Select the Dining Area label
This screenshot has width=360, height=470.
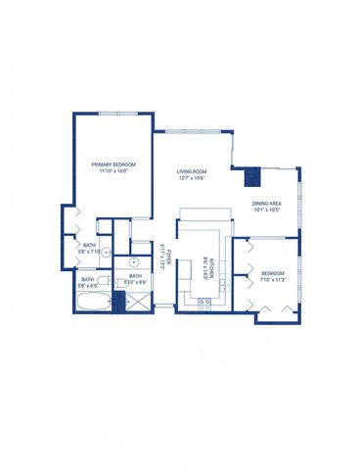pos(268,202)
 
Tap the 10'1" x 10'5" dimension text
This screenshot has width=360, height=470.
pos(268,210)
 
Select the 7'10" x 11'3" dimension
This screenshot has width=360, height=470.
pos(274,279)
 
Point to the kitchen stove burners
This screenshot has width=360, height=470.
pos(205,303)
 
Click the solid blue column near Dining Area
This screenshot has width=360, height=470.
pos(251,176)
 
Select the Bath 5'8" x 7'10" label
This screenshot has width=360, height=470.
pos(89,249)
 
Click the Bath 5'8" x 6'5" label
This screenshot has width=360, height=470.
pos(88,282)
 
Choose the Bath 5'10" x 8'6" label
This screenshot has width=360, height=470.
pos(135,279)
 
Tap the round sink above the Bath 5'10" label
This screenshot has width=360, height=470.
pos(131,263)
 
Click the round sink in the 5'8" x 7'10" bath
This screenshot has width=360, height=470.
pos(101,236)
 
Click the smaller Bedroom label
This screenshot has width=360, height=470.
pos(274,272)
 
